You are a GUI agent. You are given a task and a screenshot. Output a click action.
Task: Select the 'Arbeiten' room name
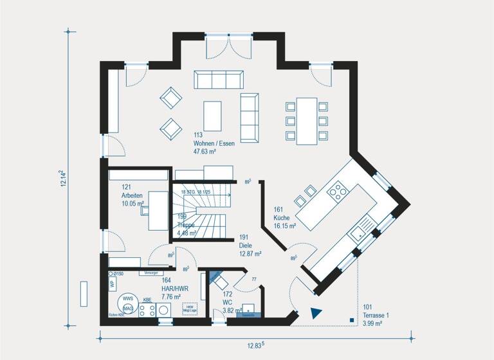pos(131,195)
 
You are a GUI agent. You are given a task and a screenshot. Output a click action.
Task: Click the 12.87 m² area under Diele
pos(251,254)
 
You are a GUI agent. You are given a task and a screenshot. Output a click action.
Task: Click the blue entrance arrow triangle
pos(315,313)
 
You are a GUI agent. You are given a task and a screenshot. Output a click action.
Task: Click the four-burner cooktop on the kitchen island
pos(337,191)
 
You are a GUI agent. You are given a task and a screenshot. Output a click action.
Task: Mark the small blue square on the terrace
pos(351,319)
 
